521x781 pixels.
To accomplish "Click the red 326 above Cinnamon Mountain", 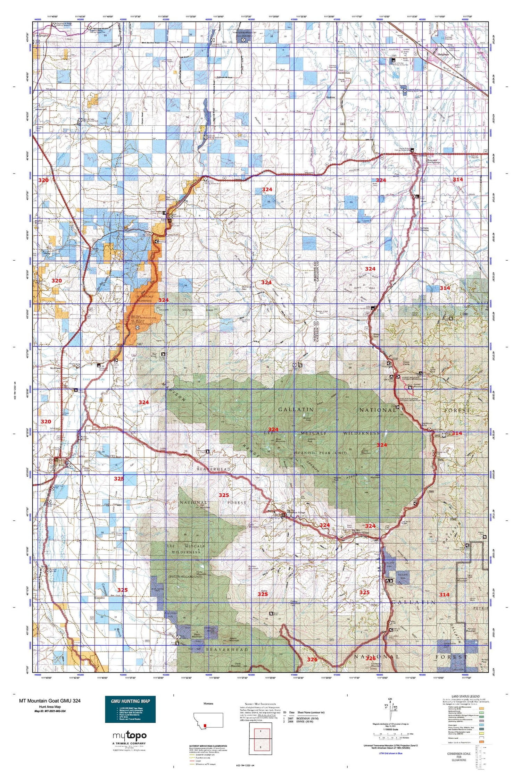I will tap(371, 658).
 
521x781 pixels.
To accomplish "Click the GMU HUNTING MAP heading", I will tap(130, 701).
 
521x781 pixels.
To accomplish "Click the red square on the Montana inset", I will tap(206, 726).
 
